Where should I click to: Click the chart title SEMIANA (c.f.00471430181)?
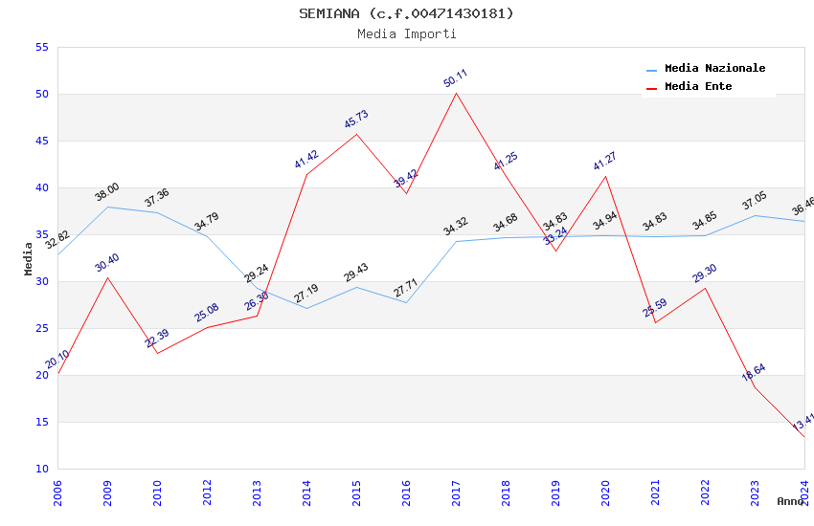click(x=406, y=13)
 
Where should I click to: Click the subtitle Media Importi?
click(x=406, y=34)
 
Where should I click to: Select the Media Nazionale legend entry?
click(x=714, y=69)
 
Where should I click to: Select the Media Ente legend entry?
click(x=697, y=87)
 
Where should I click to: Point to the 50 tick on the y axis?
click(x=40, y=95)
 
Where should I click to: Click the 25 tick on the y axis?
click(x=40, y=329)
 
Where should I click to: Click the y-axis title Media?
click(x=29, y=258)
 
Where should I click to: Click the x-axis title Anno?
click(x=790, y=501)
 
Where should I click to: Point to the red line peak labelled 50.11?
click(x=457, y=93)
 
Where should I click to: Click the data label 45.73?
click(x=356, y=120)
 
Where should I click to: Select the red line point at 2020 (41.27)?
click(x=606, y=176)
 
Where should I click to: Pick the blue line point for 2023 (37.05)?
click(x=755, y=215)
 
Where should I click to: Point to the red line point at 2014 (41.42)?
click(x=306, y=174)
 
